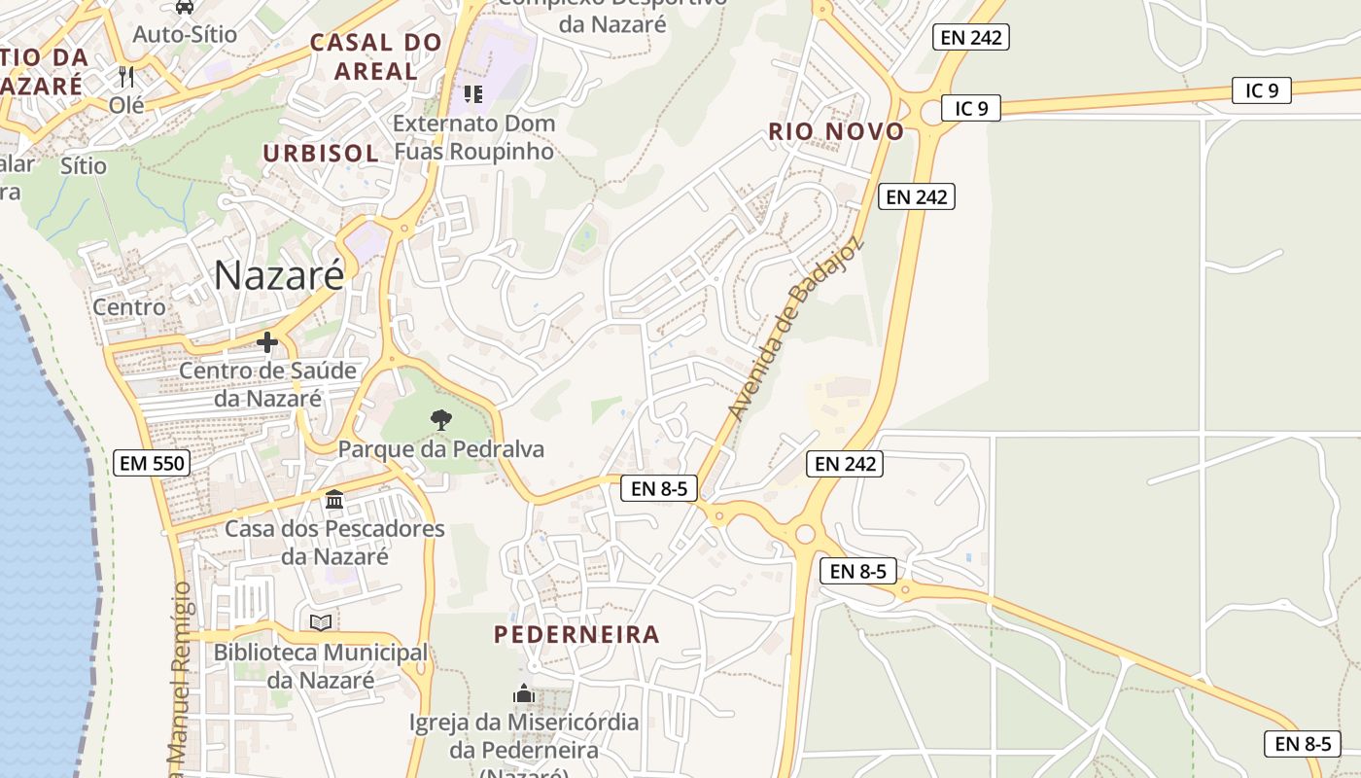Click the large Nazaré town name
(279, 275)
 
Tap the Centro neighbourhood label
(129, 307)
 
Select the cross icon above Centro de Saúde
(267, 342)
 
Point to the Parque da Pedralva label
(441, 449)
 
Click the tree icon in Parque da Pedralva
(441, 420)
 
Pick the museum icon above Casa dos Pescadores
(334, 500)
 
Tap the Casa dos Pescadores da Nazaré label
(334, 543)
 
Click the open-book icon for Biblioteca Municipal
(321, 622)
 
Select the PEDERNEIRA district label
(576, 635)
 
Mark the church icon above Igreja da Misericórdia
(524, 694)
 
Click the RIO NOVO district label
(836, 131)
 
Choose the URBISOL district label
(320, 153)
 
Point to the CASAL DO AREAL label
(375, 56)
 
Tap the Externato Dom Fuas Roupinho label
(474, 137)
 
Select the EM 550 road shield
(151, 463)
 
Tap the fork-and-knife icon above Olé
(125, 76)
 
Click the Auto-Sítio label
(185, 34)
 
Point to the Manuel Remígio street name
(180, 671)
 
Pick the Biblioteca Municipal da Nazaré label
(321, 666)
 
